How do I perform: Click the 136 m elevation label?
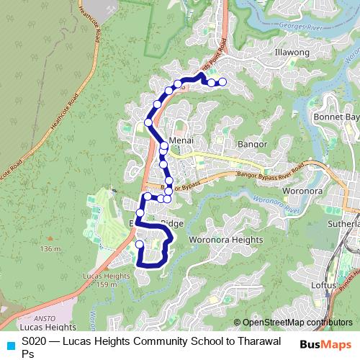click(x=50, y=249)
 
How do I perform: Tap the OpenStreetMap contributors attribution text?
click(x=297, y=323)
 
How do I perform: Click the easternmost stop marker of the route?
click(x=222, y=82)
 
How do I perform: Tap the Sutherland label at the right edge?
click(x=348, y=225)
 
